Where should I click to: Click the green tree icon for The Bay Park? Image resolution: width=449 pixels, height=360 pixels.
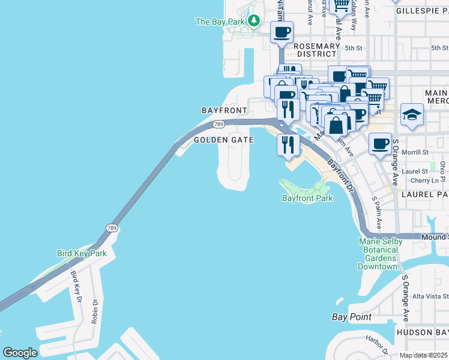(x=254, y=22)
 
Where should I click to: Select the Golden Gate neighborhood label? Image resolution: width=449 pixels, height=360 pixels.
(x=224, y=140)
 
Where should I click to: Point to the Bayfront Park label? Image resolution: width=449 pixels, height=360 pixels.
(x=307, y=197)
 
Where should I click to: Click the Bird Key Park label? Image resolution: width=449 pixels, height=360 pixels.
(x=82, y=253)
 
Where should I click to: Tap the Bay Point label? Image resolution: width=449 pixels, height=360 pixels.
(x=352, y=317)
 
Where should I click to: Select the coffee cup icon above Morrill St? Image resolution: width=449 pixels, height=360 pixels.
(x=380, y=144)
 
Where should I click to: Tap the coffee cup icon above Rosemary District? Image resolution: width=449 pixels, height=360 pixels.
(x=282, y=32)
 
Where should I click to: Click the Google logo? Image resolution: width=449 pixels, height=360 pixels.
(x=20, y=353)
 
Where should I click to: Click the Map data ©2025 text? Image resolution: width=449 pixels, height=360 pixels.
(x=423, y=355)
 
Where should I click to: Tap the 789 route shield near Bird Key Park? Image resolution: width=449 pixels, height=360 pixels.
(x=112, y=228)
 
